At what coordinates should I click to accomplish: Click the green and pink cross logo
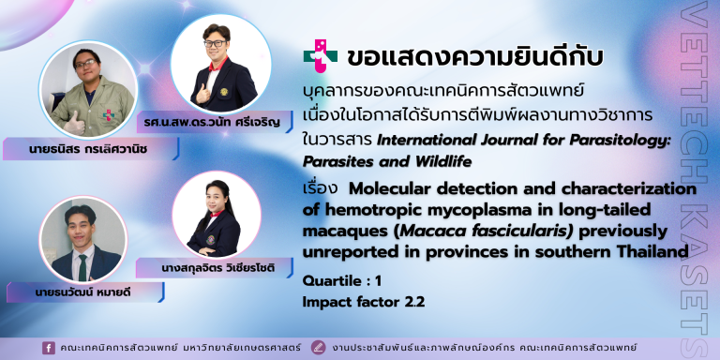pyautogui.click(x=320, y=55)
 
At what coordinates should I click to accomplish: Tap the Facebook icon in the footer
pyautogui.click(x=48, y=348)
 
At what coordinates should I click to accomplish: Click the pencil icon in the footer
pyautogui.click(x=318, y=348)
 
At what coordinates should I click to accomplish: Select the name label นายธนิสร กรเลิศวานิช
pyautogui.click(x=88, y=149)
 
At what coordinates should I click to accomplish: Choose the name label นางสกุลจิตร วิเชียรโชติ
pyautogui.click(x=218, y=268)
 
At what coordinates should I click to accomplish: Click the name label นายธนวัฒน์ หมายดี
pyautogui.click(x=82, y=292)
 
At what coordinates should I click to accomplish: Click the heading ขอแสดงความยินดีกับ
pyautogui.click(x=474, y=57)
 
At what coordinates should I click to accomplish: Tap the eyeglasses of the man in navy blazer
pyautogui.click(x=215, y=44)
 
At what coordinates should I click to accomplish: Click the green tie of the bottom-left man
pyautogui.click(x=82, y=267)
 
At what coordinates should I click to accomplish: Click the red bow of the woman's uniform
pyautogui.click(x=217, y=214)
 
